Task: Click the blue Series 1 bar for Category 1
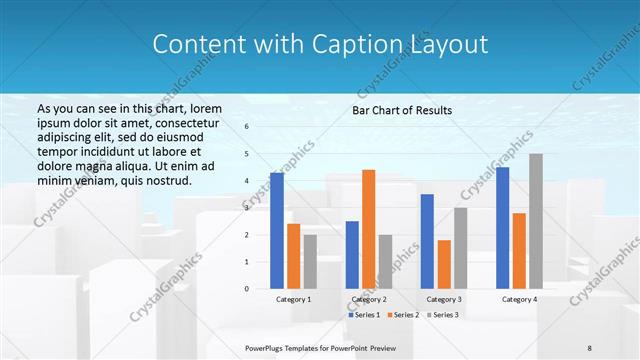click(277, 231)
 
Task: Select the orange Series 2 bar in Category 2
click(368, 229)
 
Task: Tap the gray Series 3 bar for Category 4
click(536, 221)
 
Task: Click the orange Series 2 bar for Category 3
click(443, 264)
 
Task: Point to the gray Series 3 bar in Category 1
click(309, 262)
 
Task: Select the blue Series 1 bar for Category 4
click(502, 228)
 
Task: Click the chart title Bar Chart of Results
click(402, 110)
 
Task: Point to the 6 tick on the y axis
click(246, 127)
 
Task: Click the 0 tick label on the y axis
click(246, 289)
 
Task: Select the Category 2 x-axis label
click(368, 299)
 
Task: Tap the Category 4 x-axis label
click(519, 299)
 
